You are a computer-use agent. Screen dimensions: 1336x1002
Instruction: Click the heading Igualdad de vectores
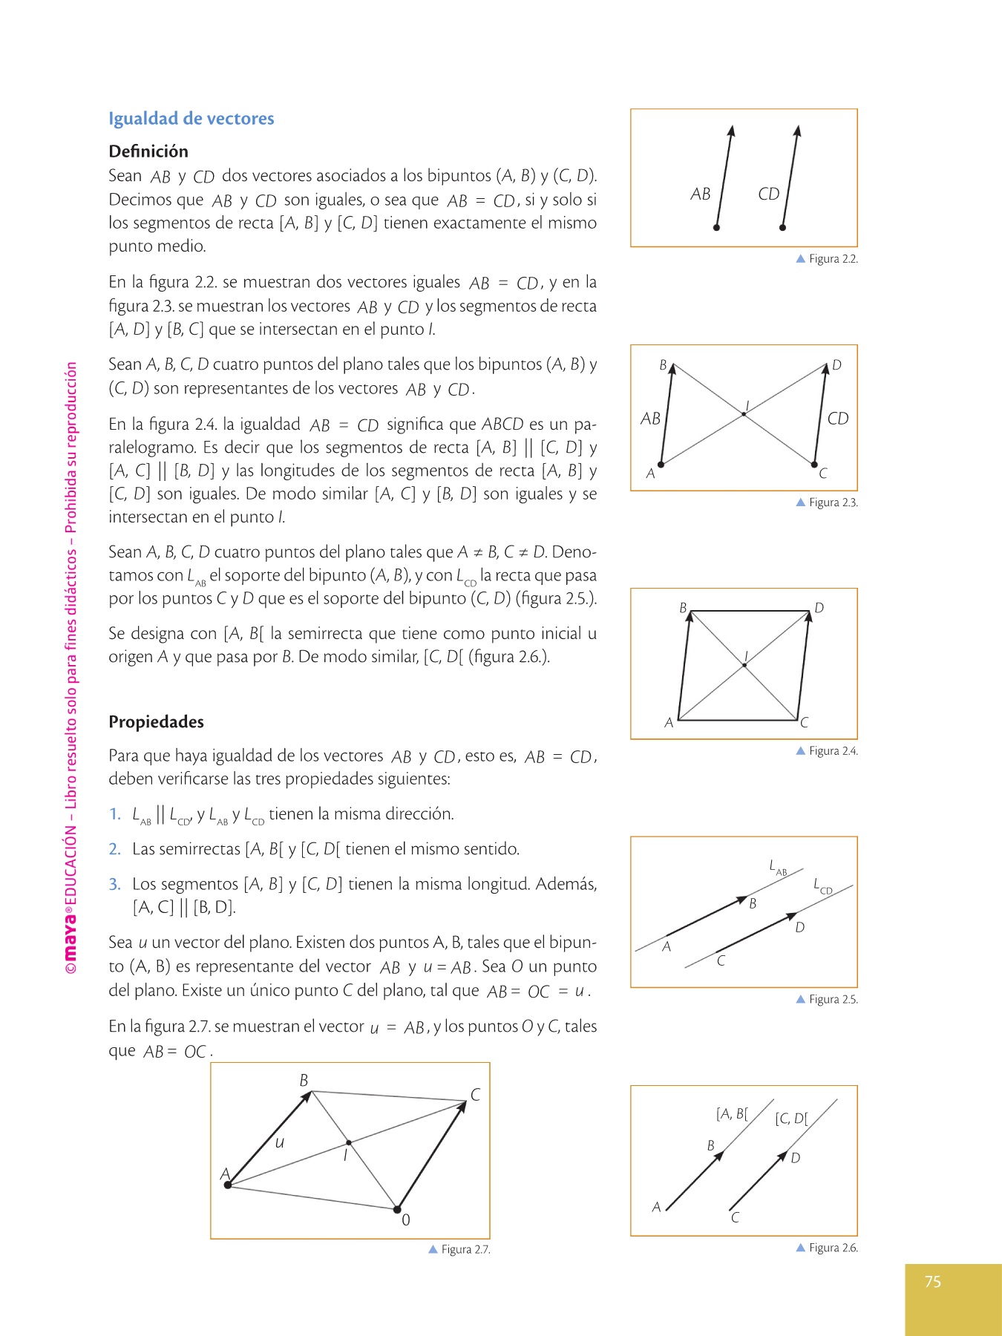pos(191,119)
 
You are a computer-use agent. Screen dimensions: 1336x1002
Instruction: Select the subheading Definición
pos(148,151)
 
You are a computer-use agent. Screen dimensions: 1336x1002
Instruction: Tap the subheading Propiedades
pos(156,722)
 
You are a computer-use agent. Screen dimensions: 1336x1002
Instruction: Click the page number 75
pos(933,1282)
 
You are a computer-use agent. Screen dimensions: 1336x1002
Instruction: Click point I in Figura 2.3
pos(744,414)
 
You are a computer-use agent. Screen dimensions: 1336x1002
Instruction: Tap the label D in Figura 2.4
pos(819,608)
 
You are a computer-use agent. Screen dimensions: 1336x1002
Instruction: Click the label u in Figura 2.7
pos(279,1143)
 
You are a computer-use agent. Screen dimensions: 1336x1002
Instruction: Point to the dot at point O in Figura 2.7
pos(397,1209)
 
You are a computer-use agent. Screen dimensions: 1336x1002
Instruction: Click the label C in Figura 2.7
pos(475,1095)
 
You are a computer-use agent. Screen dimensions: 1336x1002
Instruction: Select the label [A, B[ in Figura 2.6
pos(732,1113)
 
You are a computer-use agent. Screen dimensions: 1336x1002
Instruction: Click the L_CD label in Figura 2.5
pos(822,885)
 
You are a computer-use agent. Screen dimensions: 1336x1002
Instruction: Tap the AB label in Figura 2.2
pos(700,194)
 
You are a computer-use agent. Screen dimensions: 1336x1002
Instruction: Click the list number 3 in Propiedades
pos(114,884)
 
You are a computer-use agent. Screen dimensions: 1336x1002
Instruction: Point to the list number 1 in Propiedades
pos(114,814)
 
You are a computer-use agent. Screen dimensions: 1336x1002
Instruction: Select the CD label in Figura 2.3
pos(837,419)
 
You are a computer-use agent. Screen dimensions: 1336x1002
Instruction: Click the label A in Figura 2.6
pos(656,1208)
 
